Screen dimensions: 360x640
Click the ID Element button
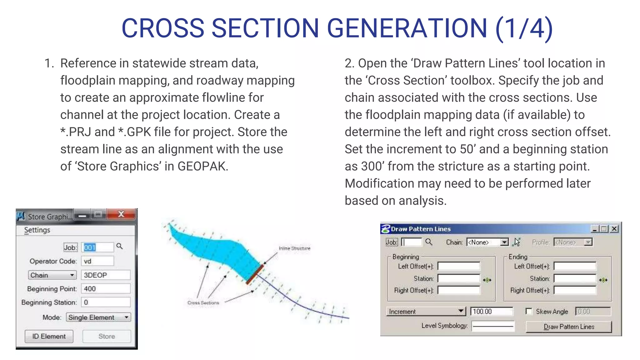pos(49,337)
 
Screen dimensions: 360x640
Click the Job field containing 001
pos(97,247)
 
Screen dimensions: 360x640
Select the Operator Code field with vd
pos(97,261)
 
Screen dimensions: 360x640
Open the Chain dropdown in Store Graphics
pos(52,275)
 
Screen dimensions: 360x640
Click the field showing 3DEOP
pos(105,275)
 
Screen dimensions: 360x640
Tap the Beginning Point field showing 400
pos(105,289)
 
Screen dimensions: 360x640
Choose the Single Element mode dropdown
pos(98,317)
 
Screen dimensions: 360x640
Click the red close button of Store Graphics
pos(121,214)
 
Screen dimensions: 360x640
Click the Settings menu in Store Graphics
pos(37,230)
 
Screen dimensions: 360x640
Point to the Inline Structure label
pos(294,248)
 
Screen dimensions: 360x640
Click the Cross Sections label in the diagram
pos(203,303)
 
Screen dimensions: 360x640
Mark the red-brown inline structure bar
pos(255,274)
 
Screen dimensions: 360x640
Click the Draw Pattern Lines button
pos(568,327)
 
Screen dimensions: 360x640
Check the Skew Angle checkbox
pos(529,312)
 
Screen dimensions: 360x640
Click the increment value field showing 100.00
pos(492,312)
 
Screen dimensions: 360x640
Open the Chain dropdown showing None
pos(487,242)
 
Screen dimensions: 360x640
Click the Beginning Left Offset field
pos(459,266)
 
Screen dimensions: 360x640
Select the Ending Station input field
pos(575,278)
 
